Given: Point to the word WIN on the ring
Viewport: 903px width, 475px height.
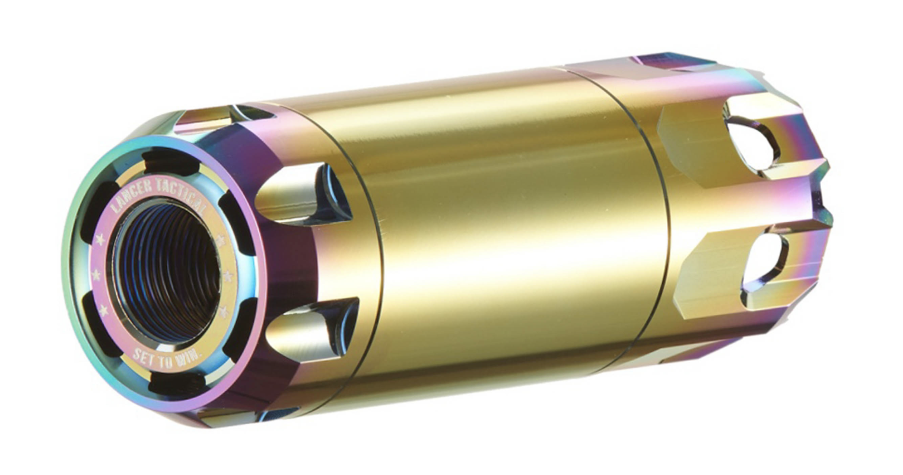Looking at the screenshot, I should click(190, 360).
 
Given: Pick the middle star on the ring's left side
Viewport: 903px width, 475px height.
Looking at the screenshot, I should click(96, 275).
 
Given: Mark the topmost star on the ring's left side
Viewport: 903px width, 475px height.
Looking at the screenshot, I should click(99, 239).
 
